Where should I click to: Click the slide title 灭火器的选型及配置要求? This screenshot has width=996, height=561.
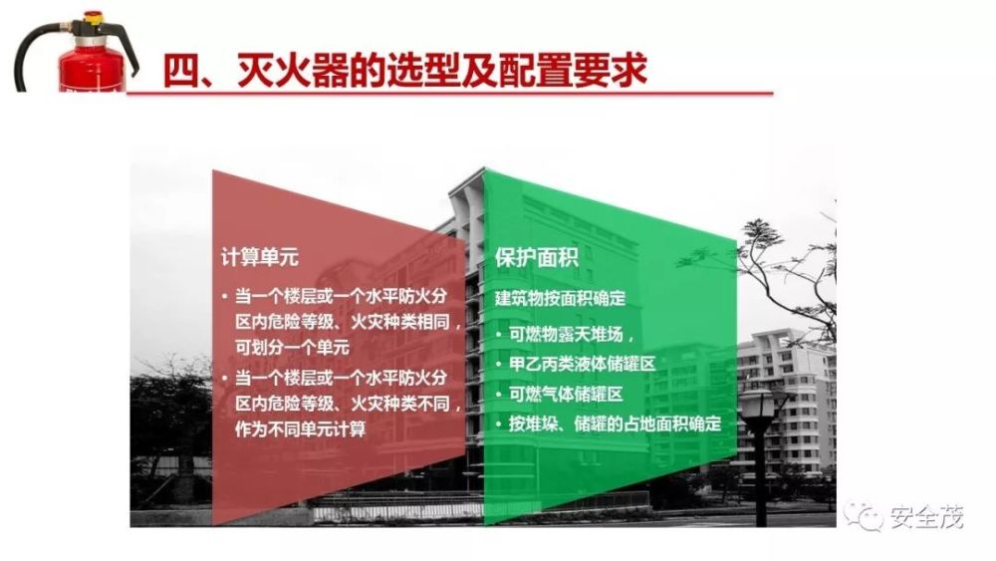click(x=442, y=70)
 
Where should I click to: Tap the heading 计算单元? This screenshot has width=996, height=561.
click(x=259, y=257)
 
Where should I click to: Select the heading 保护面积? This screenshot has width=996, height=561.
click(x=537, y=257)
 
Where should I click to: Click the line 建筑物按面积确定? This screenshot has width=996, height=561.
click(x=561, y=298)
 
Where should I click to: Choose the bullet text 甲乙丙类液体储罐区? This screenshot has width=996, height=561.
click(x=582, y=364)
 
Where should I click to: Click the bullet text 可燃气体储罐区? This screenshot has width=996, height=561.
click(x=566, y=395)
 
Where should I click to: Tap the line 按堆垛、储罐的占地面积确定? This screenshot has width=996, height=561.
click(x=615, y=423)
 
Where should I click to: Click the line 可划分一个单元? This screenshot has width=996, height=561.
click(x=292, y=348)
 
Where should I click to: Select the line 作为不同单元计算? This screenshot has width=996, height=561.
click(x=301, y=428)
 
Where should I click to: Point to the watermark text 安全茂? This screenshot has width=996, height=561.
click(x=926, y=517)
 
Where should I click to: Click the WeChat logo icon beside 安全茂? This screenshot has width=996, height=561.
click(x=865, y=516)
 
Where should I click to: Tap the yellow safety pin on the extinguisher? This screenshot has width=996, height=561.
click(x=94, y=18)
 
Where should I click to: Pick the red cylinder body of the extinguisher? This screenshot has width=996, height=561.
click(x=91, y=67)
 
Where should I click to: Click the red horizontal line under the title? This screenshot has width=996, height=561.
click(x=450, y=94)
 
